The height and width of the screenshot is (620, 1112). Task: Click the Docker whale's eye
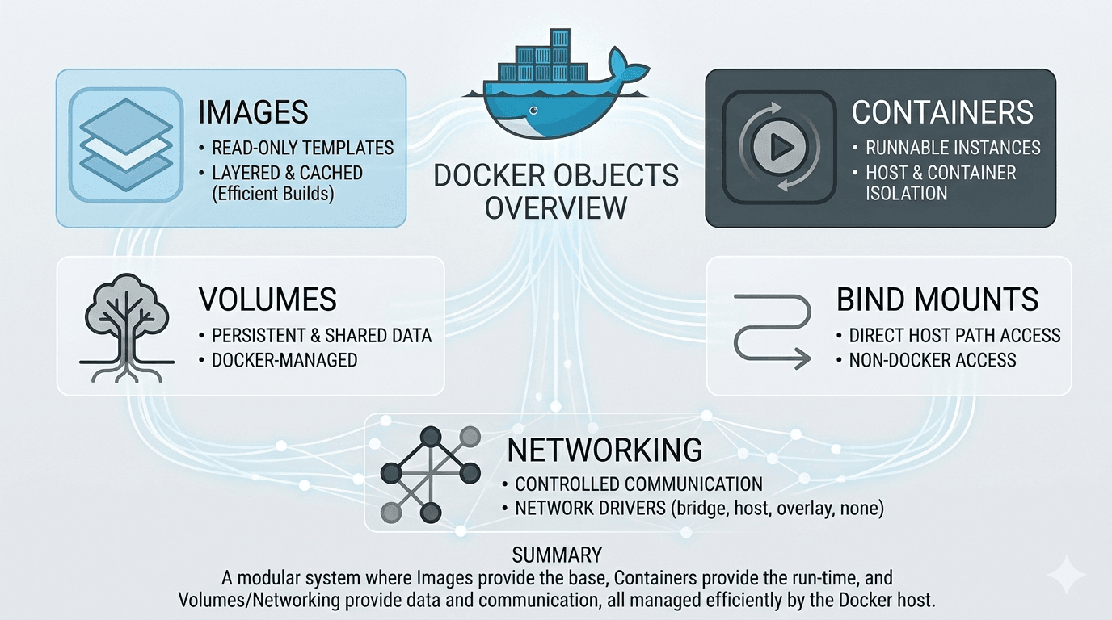531,111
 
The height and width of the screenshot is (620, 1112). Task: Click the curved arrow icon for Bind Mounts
772,331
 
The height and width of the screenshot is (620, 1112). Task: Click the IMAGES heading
253,112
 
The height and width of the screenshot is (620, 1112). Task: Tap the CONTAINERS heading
942,112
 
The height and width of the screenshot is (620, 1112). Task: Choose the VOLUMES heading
267,300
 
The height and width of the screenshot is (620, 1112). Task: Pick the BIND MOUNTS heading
937,300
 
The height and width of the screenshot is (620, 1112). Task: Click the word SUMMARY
557,555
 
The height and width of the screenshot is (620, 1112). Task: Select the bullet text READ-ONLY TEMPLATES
302,148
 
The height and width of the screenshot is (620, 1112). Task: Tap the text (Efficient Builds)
273,194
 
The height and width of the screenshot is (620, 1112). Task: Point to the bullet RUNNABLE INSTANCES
953,148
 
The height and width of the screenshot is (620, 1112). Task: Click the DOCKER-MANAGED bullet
284,360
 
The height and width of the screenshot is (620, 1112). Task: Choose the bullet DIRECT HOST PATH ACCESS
954,335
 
